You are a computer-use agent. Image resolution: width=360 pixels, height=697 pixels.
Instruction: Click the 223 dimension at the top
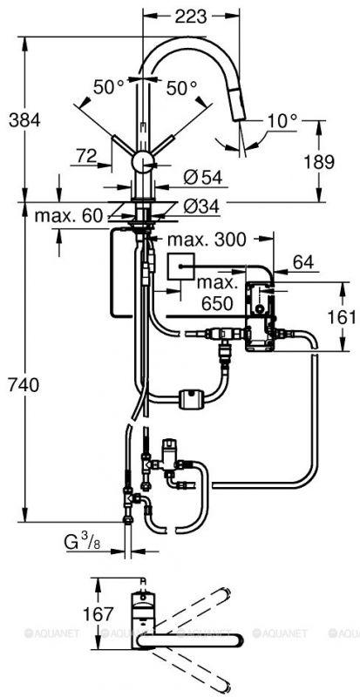tap(190, 17)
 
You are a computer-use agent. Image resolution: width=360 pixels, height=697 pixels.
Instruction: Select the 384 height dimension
tap(24, 120)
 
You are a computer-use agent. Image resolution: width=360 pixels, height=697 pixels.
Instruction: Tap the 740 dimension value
tap(24, 385)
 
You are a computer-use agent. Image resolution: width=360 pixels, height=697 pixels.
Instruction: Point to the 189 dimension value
tap(319, 162)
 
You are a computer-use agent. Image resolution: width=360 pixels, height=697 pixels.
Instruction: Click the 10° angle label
tap(282, 120)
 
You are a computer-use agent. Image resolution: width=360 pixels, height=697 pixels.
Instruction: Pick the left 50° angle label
tap(109, 88)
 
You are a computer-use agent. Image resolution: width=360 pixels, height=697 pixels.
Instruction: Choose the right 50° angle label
tap(181, 88)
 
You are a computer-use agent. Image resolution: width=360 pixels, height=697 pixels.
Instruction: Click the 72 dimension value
tap(86, 156)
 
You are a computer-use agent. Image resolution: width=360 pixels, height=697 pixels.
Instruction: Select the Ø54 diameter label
tap(202, 178)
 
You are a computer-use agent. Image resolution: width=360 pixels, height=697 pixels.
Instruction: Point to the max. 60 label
tap(69, 216)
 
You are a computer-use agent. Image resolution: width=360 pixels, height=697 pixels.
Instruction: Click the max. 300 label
tap(207, 240)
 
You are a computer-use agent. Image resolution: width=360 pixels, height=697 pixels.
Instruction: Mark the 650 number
tap(217, 303)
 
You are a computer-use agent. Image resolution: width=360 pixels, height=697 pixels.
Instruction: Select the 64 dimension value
tap(303, 262)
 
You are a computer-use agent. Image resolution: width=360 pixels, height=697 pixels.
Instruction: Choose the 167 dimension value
tap(98, 614)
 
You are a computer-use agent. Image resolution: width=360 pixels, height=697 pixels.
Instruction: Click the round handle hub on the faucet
tap(144, 160)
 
